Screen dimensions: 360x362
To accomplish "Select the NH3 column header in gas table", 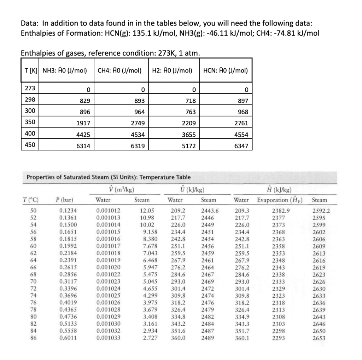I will (x=65, y=70).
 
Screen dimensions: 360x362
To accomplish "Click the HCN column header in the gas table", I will (x=225, y=70).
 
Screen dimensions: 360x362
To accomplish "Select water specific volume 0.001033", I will (x=108, y=338).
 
